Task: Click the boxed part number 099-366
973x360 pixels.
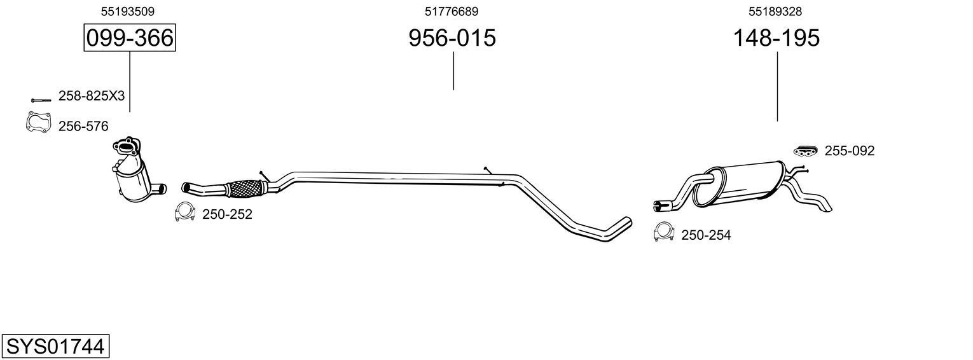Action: coord(130,38)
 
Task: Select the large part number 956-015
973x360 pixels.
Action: coord(452,38)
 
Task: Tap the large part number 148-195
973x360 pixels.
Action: coord(776,38)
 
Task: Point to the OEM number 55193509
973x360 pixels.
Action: coord(128,11)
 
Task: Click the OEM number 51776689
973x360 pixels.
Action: coord(452,11)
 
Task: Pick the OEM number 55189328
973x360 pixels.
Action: coord(775,11)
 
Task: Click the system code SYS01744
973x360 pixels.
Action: coord(55,347)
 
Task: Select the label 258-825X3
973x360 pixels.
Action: coord(92,96)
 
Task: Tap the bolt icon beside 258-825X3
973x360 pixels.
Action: coord(40,100)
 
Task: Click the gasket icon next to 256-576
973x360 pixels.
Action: coord(38,123)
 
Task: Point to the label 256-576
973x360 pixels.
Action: coord(83,127)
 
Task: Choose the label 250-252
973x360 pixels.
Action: coord(227,215)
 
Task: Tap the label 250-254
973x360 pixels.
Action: coord(706,235)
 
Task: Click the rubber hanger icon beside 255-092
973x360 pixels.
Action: coord(805,150)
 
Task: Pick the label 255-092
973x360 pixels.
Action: coord(850,151)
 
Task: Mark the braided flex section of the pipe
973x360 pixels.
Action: coord(245,188)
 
